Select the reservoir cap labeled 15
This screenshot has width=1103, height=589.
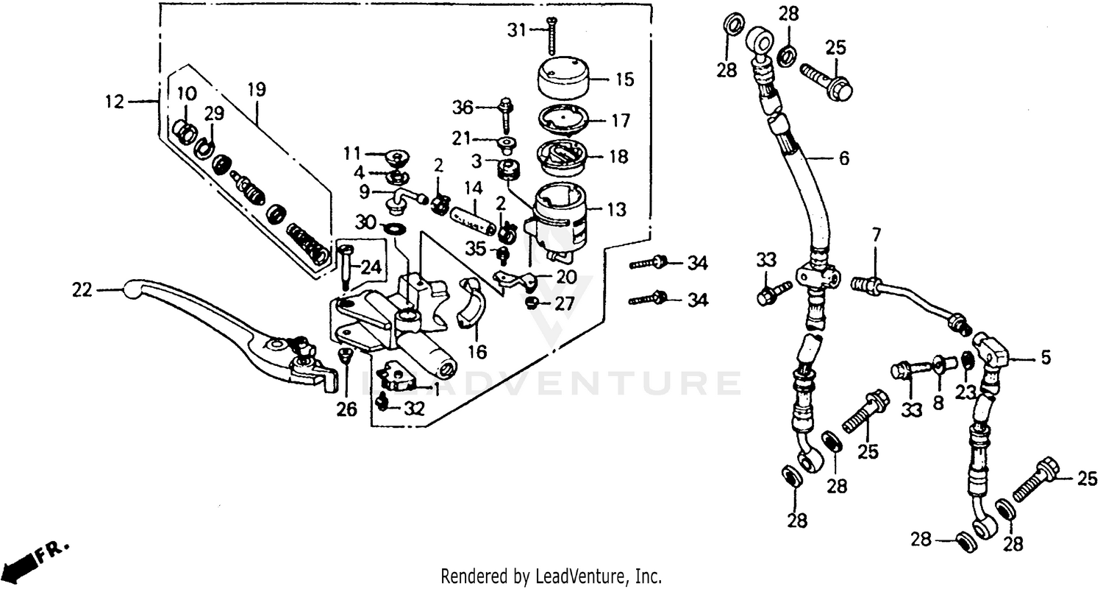coord(565,77)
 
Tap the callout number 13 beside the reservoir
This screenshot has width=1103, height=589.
coord(617,210)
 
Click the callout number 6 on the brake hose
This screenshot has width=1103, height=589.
coord(843,158)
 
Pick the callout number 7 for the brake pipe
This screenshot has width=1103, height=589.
coord(875,237)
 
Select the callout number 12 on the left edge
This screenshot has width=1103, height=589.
coord(116,101)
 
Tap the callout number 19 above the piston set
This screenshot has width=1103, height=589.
coord(257,90)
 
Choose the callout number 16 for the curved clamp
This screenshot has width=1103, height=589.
coord(478,353)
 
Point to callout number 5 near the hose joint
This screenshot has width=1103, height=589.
coord(1045,359)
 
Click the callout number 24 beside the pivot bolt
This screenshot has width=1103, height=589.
coord(372,268)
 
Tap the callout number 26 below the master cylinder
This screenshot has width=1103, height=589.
coord(346,409)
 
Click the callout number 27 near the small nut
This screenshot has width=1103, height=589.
coord(564,303)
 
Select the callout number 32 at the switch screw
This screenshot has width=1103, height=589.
coord(414,409)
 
